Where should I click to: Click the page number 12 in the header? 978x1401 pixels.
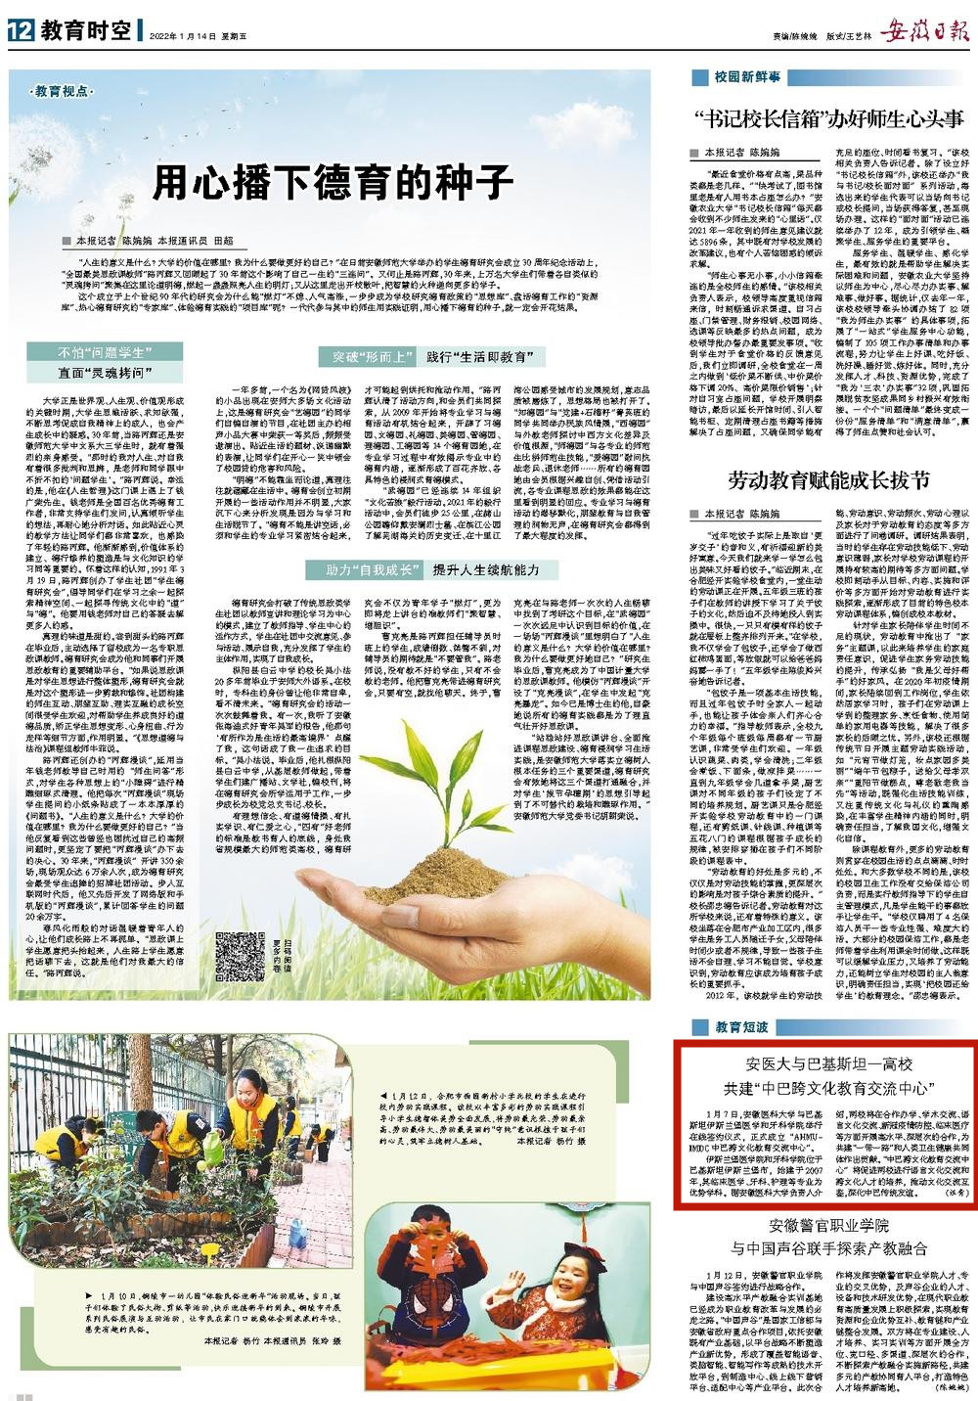coord(18,30)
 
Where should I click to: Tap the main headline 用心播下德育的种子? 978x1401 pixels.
coord(333,182)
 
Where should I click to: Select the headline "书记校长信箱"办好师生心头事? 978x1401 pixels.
coord(825,119)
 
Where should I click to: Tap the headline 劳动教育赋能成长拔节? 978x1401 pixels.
coord(826,479)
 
